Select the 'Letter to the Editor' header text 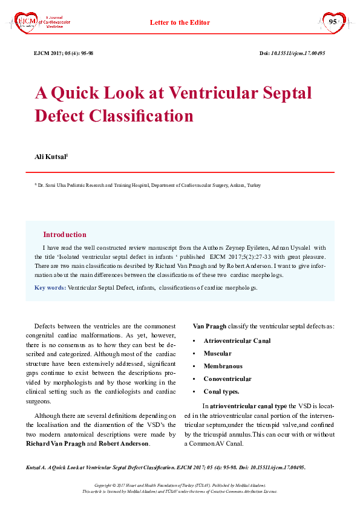point(180,22)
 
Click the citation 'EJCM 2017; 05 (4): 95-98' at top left point(64,53)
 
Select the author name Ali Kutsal point(51,157)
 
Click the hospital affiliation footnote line point(148,185)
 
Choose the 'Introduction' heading point(65,235)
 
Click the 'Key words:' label point(50,288)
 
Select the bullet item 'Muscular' point(217,353)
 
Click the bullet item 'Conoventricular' point(227,379)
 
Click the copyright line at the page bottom point(180,486)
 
